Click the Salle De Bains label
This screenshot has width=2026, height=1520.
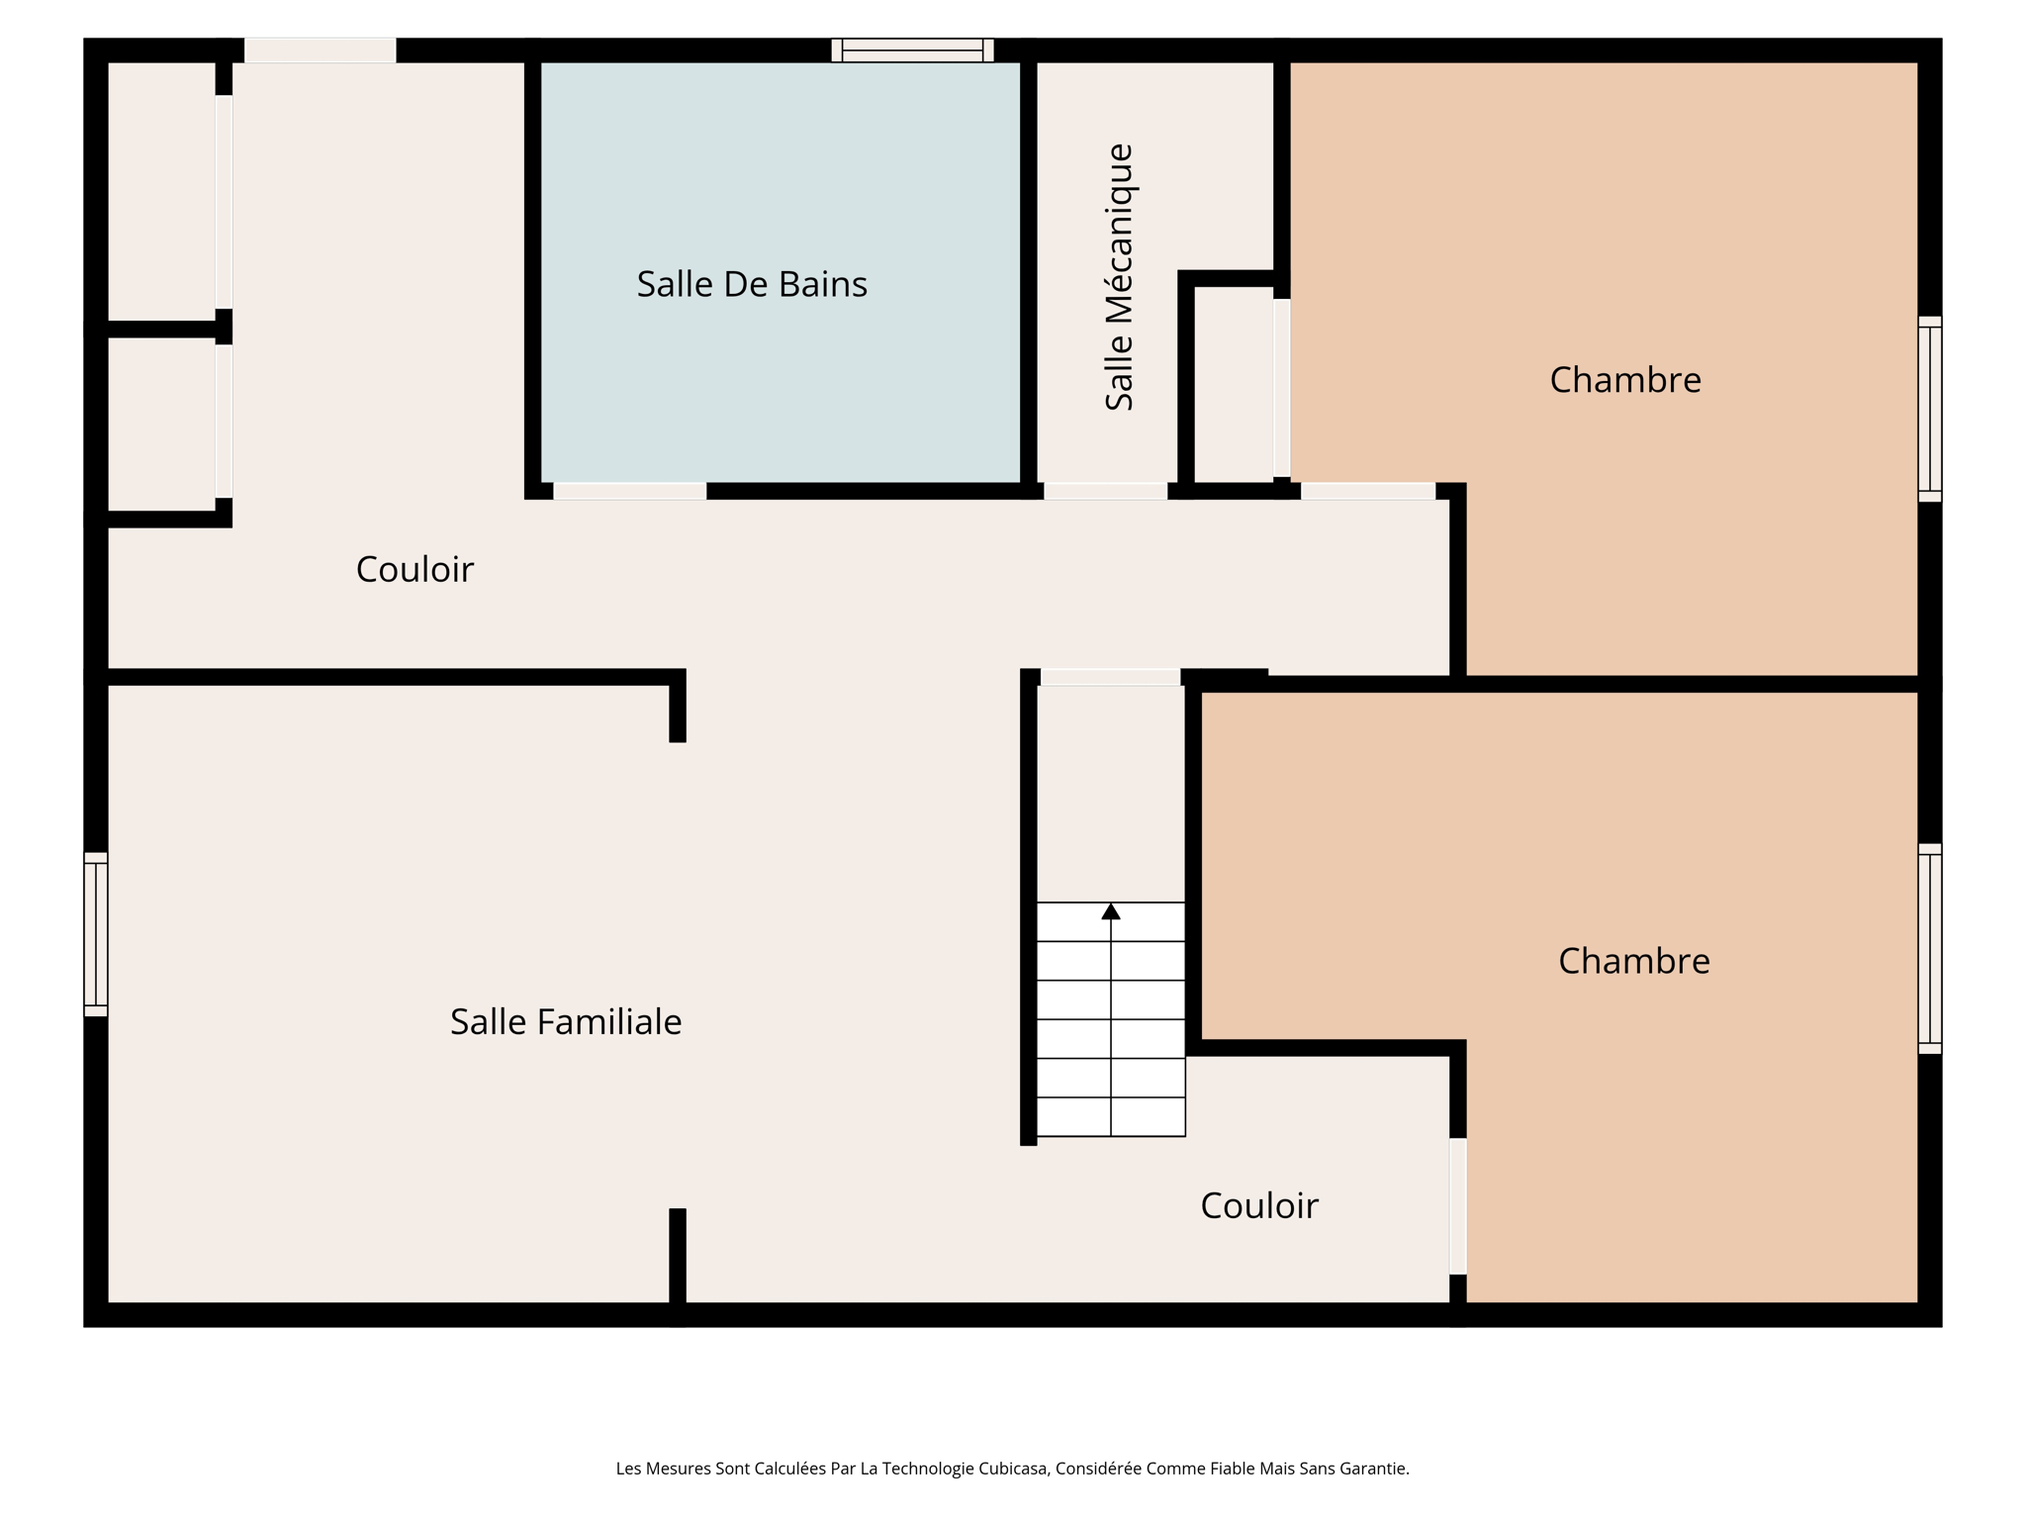(x=752, y=285)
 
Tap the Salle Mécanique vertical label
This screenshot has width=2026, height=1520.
(x=1119, y=277)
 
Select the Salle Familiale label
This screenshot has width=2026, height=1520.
(x=566, y=1022)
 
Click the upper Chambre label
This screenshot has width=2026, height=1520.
(x=1624, y=380)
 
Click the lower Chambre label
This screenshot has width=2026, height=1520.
(x=1633, y=961)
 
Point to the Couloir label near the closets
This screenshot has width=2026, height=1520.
(x=414, y=570)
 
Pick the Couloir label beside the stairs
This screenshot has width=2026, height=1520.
(x=1258, y=1206)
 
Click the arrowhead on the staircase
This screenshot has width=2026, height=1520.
(x=1111, y=911)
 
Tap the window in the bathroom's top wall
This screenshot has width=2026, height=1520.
(x=912, y=50)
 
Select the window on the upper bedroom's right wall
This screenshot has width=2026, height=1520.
(x=1929, y=409)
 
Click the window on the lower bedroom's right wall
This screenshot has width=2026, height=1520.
(x=1929, y=948)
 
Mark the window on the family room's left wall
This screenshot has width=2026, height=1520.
(x=96, y=934)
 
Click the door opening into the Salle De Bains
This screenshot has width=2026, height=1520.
(x=629, y=491)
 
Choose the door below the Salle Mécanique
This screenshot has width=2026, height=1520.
(x=1105, y=491)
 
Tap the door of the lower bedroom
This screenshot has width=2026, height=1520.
(x=1457, y=1206)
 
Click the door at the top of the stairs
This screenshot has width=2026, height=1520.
(x=1110, y=677)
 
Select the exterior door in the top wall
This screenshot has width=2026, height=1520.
(x=320, y=50)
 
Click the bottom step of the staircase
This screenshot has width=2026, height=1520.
(x=1111, y=1117)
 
